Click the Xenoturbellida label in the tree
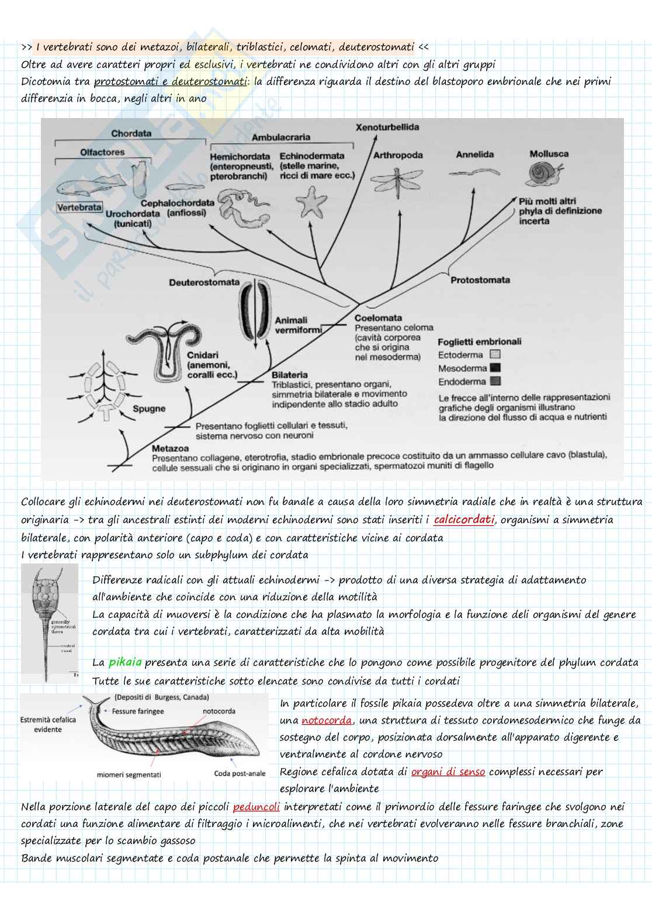coord(387,127)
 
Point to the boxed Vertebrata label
coord(79,207)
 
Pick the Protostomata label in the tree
coord(480,280)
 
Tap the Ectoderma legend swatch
coord(495,354)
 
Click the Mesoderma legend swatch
coord(495,368)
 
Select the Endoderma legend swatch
coord(495,382)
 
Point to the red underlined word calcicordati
coord(464,519)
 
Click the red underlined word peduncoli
coord(256,807)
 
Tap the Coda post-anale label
coord(240,773)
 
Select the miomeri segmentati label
coord(129,774)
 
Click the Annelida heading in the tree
coord(474,154)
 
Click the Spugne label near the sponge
coord(149,409)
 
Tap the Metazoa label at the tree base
coord(170,448)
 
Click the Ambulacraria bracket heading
coord(280,137)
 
